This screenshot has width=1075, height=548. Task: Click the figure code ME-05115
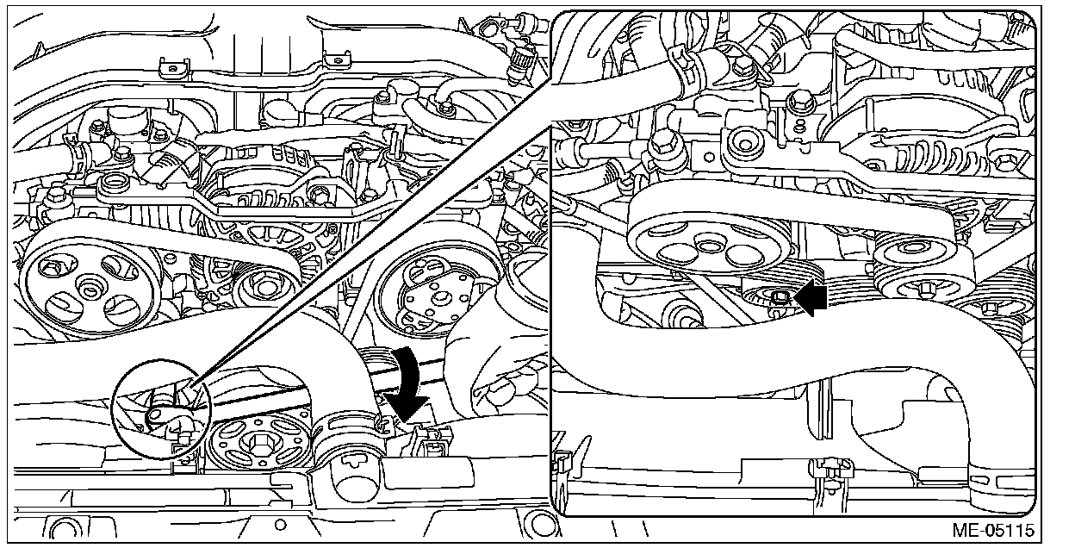click(993, 530)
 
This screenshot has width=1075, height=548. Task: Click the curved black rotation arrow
click(408, 384)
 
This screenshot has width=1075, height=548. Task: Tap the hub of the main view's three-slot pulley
click(90, 289)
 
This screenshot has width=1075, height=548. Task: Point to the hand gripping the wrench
click(494, 370)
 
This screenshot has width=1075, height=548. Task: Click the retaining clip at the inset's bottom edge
click(833, 473)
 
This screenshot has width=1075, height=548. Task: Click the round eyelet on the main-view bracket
click(113, 184)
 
